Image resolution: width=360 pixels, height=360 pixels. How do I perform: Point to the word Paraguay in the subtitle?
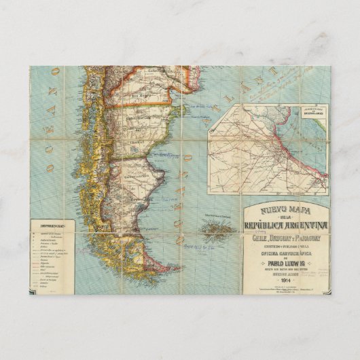(311, 238)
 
